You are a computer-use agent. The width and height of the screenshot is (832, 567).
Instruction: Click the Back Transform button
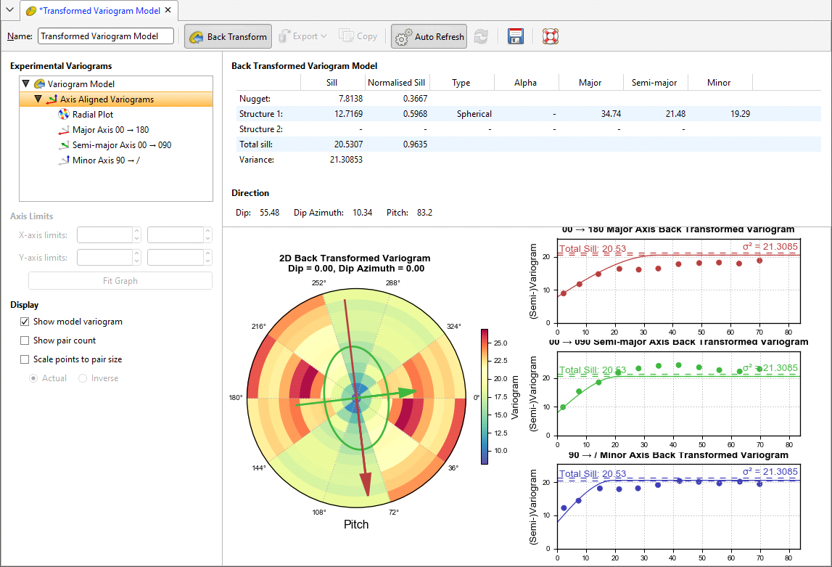pos(228,36)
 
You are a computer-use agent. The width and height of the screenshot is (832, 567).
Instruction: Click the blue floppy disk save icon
pos(516,36)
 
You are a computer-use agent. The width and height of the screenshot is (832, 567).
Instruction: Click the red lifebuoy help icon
pos(551,36)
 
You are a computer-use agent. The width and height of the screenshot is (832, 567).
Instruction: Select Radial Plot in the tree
pos(92,114)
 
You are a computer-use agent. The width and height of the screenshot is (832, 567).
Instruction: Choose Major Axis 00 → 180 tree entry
pos(110,129)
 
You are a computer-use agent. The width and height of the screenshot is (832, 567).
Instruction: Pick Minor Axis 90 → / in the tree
pos(106,160)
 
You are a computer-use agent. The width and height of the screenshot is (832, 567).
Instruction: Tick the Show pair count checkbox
pos(25,340)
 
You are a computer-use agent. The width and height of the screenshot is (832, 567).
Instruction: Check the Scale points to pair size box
pos(25,359)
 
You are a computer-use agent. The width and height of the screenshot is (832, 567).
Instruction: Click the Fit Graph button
pos(120,281)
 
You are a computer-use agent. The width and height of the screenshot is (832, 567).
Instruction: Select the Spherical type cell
pos(474,114)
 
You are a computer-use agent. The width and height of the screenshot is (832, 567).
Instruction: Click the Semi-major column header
pos(655,83)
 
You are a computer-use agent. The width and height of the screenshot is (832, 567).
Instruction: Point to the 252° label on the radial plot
pos(319,283)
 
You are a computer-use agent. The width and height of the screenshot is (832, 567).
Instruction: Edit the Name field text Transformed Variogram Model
pos(106,36)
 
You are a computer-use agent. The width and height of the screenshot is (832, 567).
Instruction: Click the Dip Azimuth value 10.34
pos(363,213)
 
